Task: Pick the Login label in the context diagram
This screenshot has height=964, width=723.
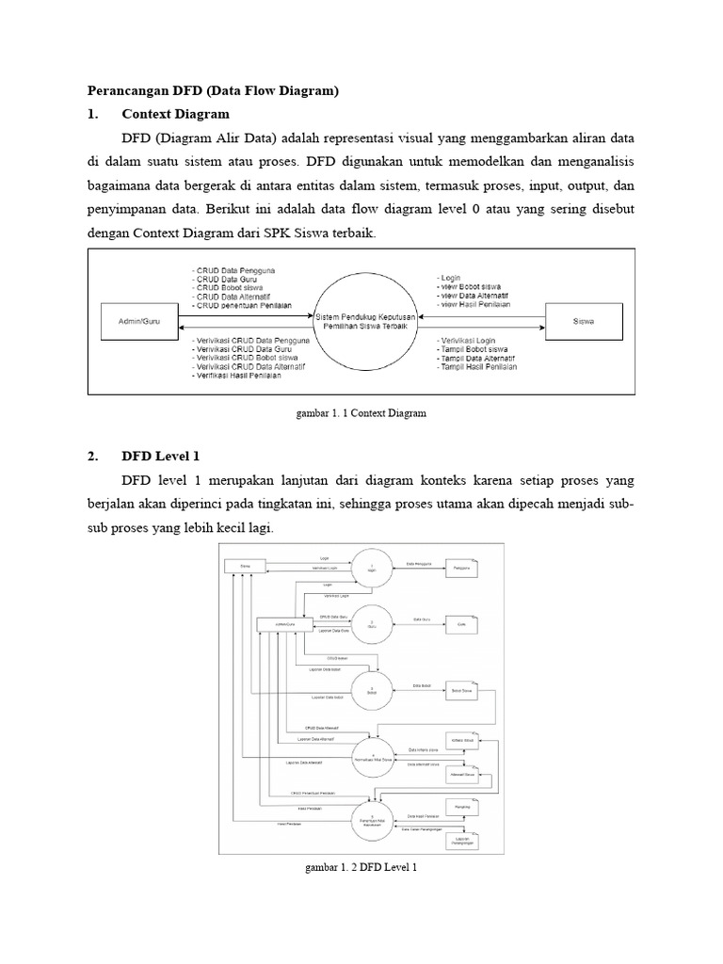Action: pyautogui.click(x=449, y=279)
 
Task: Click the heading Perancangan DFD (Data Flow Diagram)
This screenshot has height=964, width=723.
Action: pyautogui.click(x=212, y=91)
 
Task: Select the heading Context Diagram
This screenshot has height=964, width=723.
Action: pyautogui.click(x=176, y=114)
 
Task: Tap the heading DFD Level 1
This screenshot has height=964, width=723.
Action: pyautogui.click(x=161, y=457)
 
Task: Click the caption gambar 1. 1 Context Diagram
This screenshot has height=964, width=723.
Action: pyautogui.click(x=361, y=413)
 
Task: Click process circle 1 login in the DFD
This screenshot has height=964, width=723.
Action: pyautogui.click(x=374, y=568)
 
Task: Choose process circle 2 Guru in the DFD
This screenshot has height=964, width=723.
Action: pyautogui.click(x=373, y=624)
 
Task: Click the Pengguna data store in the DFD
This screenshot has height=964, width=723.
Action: pyautogui.click(x=462, y=568)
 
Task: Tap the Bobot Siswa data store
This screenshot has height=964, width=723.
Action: pyautogui.click(x=462, y=691)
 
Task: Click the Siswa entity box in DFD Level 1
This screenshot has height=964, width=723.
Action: pyautogui.click(x=246, y=567)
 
